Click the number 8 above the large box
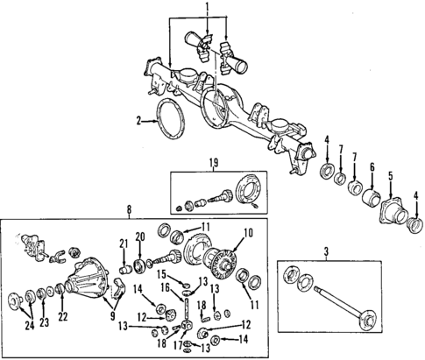pos(130,209)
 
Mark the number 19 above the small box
pos(212,162)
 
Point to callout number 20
pos(141,236)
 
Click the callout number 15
pos(163,275)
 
